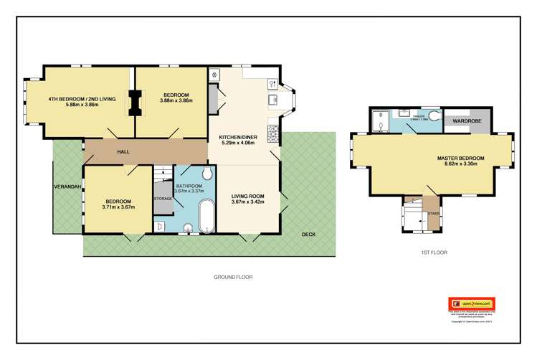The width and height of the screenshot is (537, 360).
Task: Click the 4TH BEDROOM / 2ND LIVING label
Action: [x=79, y=99]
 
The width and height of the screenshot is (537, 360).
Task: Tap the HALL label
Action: [x=123, y=152]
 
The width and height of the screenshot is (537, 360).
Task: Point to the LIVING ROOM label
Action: [x=248, y=195]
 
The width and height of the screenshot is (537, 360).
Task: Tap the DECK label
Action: [x=308, y=235]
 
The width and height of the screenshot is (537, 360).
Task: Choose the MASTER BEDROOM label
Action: [x=460, y=158]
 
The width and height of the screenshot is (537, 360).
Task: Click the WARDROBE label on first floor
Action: [x=467, y=121]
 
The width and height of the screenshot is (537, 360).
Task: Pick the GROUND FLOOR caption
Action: [x=233, y=277]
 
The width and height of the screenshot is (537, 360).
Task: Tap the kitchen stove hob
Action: [x=272, y=133]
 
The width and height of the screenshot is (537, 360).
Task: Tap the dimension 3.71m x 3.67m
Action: [x=118, y=207]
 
